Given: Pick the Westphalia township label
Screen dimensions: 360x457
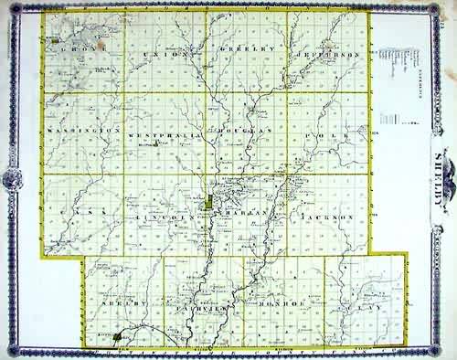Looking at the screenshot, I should pyautogui.click(x=166, y=132).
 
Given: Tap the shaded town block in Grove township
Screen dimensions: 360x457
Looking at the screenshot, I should pyautogui.click(x=57, y=42).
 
